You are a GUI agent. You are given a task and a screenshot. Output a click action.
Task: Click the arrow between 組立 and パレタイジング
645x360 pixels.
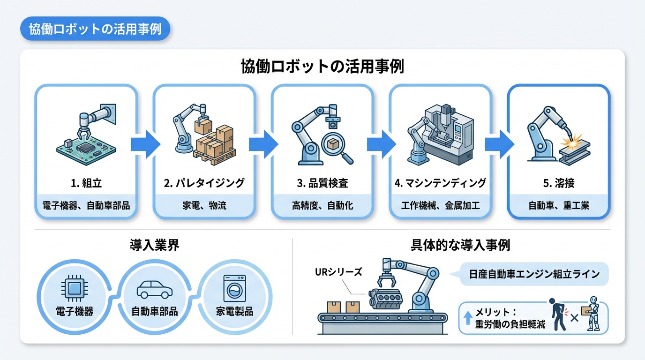[145, 143]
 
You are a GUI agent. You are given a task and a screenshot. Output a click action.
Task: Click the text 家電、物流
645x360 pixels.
[204, 205]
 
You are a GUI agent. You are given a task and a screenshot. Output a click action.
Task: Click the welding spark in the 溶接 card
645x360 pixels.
[572, 139]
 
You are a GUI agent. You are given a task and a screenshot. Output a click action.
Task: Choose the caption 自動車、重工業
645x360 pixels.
[559, 205]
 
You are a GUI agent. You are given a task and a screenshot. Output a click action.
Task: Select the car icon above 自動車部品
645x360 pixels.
[154, 290]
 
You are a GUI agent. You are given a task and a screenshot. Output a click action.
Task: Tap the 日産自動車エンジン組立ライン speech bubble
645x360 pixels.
[533, 274]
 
